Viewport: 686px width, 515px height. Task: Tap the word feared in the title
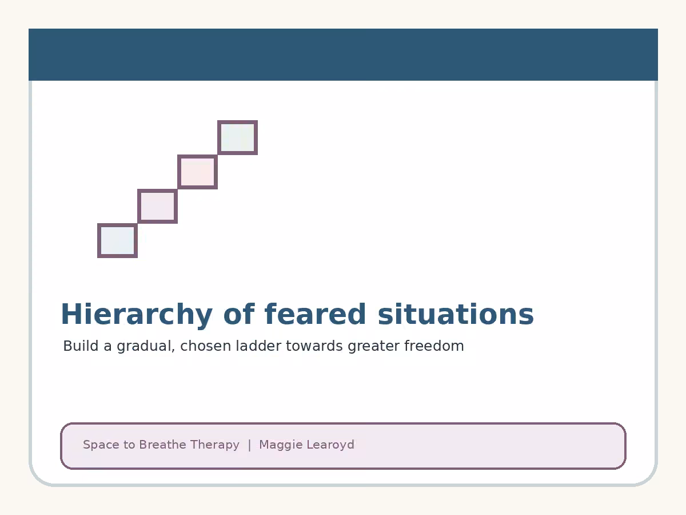click(x=315, y=314)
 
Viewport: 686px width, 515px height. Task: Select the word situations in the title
click(x=456, y=314)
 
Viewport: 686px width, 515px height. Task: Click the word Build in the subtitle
click(x=81, y=346)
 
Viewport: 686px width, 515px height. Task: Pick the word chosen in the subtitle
click(x=206, y=346)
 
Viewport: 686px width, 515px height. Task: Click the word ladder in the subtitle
click(x=258, y=346)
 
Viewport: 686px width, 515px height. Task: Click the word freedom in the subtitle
click(x=434, y=346)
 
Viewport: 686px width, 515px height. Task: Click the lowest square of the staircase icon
click(x=118, y=241)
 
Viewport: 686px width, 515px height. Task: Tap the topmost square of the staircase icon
click(x=237, y=137)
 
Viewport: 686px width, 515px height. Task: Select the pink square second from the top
click(x=198, y=172)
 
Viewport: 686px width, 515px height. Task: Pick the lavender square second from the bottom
click(x=158, y=207)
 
